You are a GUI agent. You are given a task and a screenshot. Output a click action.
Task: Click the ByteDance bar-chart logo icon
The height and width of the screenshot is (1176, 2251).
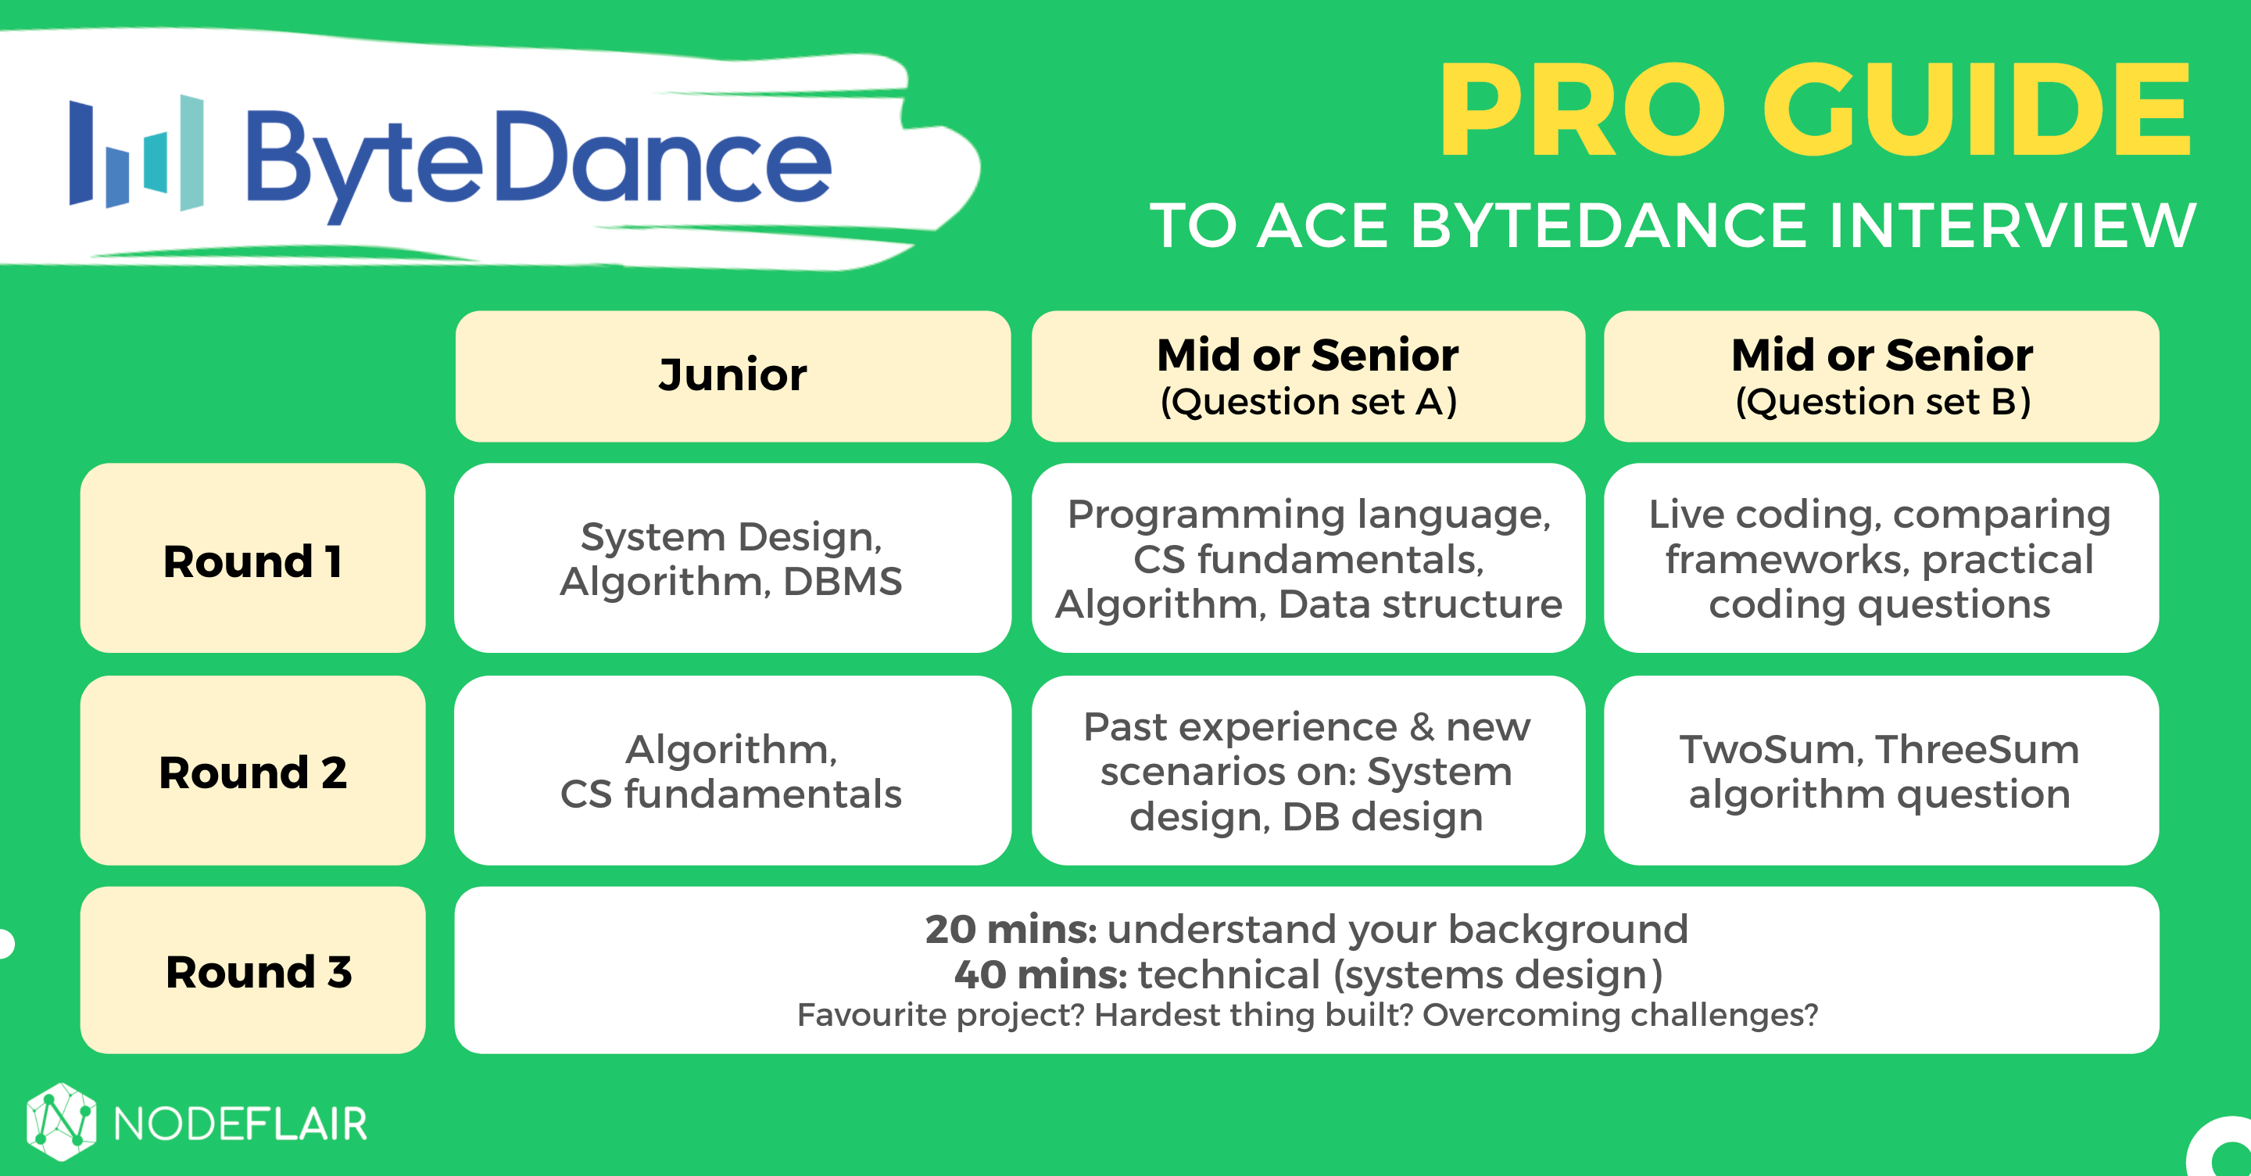point(136,153)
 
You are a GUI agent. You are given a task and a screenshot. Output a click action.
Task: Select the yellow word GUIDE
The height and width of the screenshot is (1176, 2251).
point(1977,110)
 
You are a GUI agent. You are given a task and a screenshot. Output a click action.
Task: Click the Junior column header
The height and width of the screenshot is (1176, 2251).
point(733,376)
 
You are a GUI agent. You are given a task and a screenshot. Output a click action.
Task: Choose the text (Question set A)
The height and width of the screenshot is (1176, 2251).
point(1308,402)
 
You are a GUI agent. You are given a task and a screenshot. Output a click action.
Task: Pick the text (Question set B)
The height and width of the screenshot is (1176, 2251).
point(1882,402)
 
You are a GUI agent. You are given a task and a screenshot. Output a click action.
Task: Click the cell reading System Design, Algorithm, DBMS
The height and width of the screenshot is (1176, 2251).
point(733,558)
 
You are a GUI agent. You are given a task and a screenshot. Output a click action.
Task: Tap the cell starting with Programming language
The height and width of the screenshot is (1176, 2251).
point(1308,558)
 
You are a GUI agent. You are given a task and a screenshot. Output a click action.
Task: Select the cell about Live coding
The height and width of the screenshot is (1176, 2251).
point(1881,558)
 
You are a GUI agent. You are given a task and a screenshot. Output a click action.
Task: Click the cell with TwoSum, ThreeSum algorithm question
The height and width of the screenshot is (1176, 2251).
point(1881,770)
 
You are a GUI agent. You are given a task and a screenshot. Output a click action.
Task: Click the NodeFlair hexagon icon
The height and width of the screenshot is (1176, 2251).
point(61,1122)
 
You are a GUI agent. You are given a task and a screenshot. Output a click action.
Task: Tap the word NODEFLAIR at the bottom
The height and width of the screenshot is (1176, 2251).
point(240,1124)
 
